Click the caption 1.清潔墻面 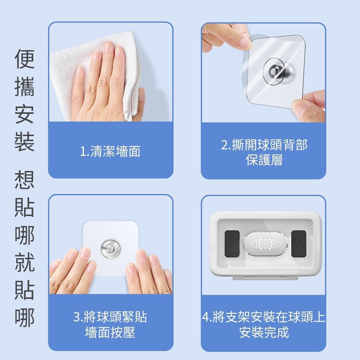click(x=110, y=152)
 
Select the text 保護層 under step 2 click(x=264, y=160)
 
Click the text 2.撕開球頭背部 click(x=264, y=145)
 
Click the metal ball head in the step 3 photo click(x=109, y=248)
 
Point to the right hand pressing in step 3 click(x=149, y=272)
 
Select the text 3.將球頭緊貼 click(x=110, y=317)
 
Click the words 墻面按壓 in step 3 click(x=110, y=332)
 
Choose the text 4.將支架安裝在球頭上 click(x=264, y=317)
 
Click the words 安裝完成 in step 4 click(x=264, y=332)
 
